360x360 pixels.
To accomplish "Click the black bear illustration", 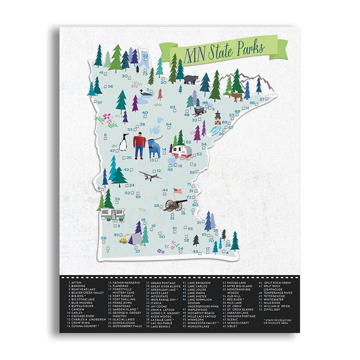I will [190, 79].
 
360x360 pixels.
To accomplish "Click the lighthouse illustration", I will [217, 118].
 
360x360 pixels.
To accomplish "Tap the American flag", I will [176, 190].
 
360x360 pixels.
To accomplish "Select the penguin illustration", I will [122, 143].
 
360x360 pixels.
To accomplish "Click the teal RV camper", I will [112, 214].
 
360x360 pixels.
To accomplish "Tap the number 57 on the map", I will [99, 103].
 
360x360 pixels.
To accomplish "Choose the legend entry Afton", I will [77, 283].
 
